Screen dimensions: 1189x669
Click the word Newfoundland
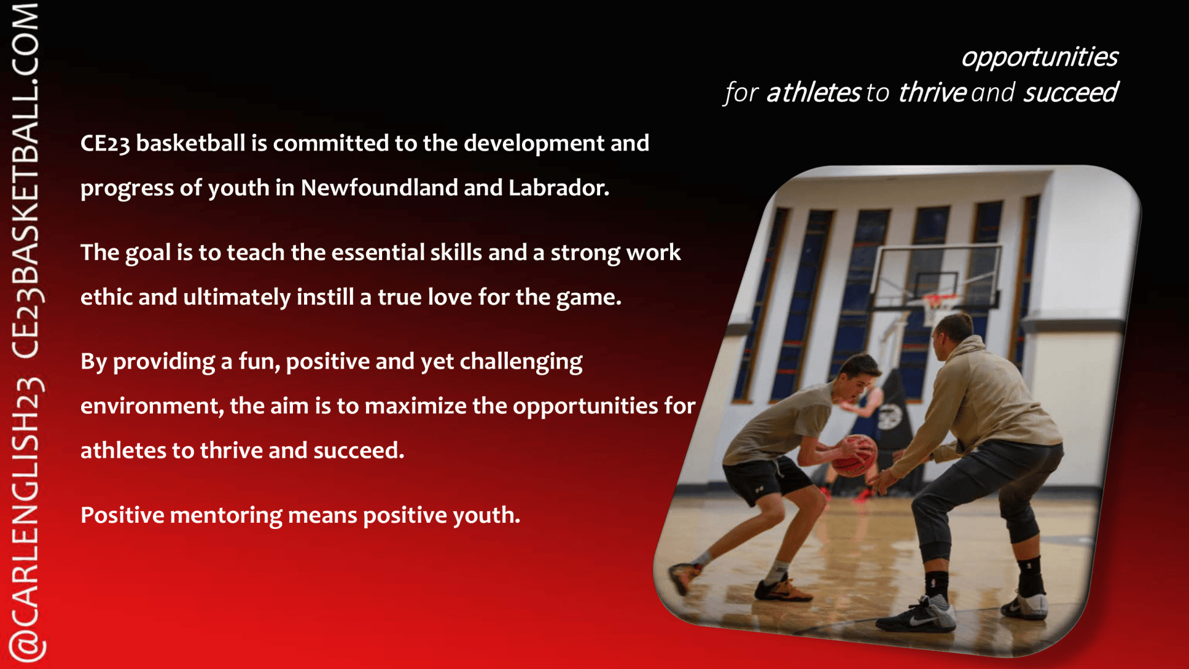pyautogui.click(x=379, y=187)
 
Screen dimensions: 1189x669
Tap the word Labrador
pyautogui.click(x=559, y=187)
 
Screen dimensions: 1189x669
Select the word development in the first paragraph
pyautogui.click(x=534, y=144)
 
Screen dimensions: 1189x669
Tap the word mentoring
pyautogui.click(x=226, y=516)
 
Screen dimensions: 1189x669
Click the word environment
pyautogui.click(x=152, y=406)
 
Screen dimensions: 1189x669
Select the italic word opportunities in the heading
pyautogui.click(x=1040, y=58)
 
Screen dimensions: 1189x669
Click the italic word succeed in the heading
pyautogui.click(x=1071, y=93)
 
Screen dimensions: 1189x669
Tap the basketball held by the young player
pyautogui.click(x=855, y=455)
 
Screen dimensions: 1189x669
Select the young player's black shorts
pyautogui.click(x=766, y=478)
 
